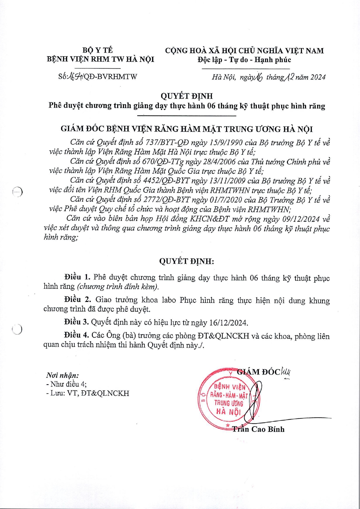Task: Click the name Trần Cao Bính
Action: [x=258, y=429]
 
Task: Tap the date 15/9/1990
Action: [x=224, y=143]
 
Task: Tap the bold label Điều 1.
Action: [x=77, y=277]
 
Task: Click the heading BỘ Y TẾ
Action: [x=97, y=51]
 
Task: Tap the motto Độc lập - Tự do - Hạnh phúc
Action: [x=244, y=60]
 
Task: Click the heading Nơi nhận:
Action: [x=63, y=375]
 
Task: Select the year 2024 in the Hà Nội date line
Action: [x=318, y=77]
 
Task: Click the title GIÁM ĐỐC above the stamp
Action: [x=258, y=372]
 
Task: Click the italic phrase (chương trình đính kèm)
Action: [x=118, y=286]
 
